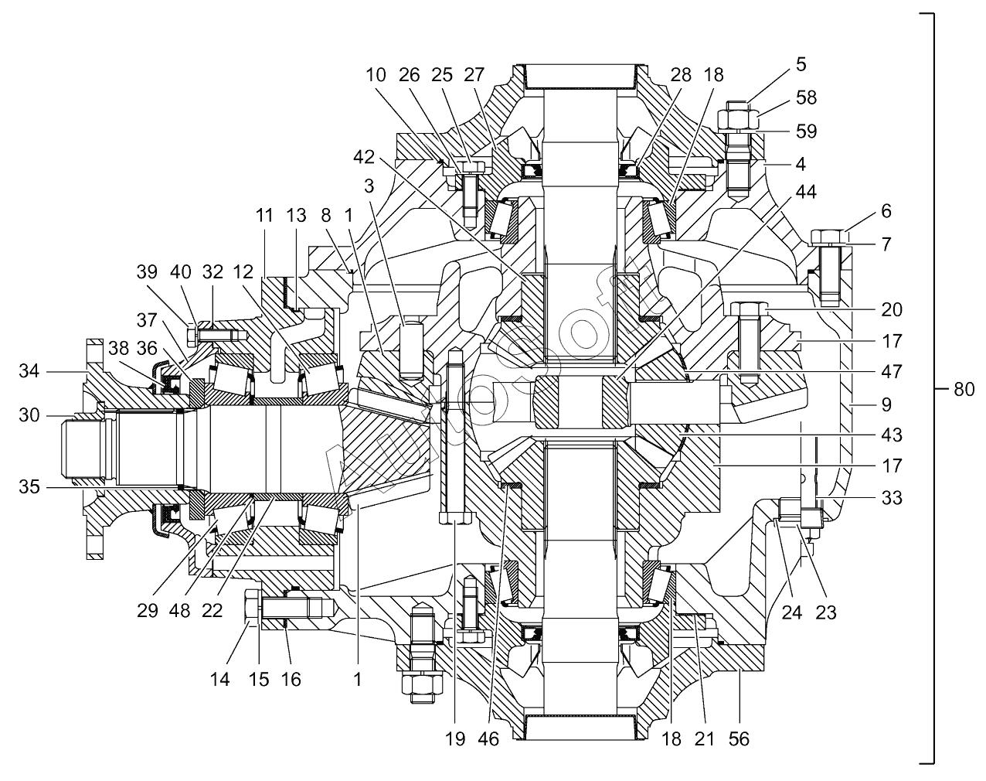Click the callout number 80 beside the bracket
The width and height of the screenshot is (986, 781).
[964, 390]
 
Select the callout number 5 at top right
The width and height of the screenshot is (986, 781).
[801, 65]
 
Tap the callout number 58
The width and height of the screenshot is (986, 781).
[807, 97]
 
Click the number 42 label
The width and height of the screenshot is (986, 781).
[364, 157]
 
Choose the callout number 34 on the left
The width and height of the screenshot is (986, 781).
[29, 371]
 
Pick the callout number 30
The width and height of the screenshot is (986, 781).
[29, 415]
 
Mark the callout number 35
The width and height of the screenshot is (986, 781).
[29, 487]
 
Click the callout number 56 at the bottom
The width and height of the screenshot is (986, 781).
[739, 739]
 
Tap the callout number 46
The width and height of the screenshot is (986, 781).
[488, 739]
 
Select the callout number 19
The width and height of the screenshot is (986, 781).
[455, 739]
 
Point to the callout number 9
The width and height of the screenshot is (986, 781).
[886, 404]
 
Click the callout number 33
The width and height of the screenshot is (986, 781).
[892, 497]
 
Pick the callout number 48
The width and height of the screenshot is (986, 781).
[179, 610]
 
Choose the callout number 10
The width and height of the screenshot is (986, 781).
[376, 75]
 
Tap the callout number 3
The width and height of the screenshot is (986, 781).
[369, 186]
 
